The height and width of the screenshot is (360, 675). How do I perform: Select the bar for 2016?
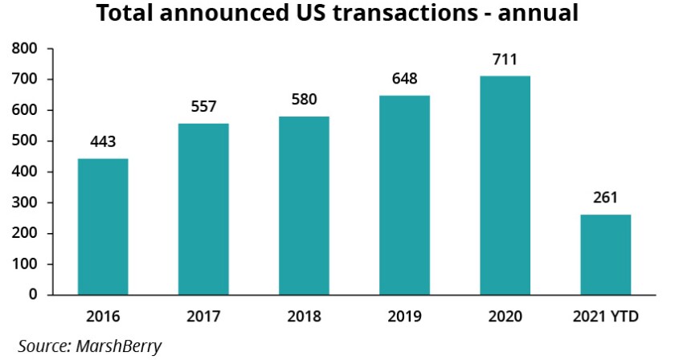(x=103, y=227)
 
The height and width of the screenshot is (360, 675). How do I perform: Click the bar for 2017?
(x=203, y=209)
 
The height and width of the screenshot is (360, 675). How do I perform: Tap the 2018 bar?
(x=304, y=206)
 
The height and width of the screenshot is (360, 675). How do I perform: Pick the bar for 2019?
(x=404, y=195)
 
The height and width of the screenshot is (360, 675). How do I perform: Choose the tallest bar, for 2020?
(x=505, y=186)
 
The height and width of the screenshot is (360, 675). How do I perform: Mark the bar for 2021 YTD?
(x=606, y=255)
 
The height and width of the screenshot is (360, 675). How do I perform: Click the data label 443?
(x=103, y=142)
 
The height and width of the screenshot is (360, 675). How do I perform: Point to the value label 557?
(x=203, y=108)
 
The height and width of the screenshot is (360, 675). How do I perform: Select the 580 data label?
(x=304, y=100)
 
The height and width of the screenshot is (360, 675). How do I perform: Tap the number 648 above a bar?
(x=404, y=80)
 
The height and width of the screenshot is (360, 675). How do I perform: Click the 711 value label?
(x=505, y=59)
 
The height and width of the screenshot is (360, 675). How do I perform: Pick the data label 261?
(x=606, y=198)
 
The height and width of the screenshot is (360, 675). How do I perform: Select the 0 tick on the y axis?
(x=34, y=295)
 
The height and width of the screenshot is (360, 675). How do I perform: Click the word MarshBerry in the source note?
(x=119, y=346)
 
